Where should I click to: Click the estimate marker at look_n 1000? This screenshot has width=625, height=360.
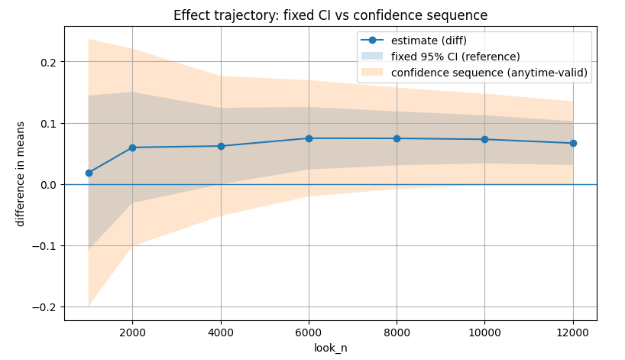point(89,173)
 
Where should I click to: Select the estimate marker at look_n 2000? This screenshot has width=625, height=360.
point(132,148)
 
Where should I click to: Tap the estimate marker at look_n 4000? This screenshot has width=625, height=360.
point(221,146)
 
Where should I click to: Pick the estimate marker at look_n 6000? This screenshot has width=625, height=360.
point(309,138)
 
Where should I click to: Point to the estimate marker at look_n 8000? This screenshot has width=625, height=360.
point(397,138)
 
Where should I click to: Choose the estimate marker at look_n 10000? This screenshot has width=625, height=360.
point(484,139)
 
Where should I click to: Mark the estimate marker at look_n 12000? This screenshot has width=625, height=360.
point(573,143)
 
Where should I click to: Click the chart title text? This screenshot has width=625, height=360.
point(330,15)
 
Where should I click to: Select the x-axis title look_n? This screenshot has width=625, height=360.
point(330,348)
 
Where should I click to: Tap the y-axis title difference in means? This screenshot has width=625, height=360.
point(21,174)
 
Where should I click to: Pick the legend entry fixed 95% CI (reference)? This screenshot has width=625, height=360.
point(455,57)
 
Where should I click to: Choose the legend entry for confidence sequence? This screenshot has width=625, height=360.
point(489,72)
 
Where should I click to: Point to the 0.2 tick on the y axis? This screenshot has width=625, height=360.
point(48,62)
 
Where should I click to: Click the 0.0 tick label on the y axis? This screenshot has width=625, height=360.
point(48,185)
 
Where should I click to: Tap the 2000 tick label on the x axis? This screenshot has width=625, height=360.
point(132,332)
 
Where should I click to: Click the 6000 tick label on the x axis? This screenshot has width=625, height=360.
point(309,332)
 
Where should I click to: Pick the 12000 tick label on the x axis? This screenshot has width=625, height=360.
point(573,332)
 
